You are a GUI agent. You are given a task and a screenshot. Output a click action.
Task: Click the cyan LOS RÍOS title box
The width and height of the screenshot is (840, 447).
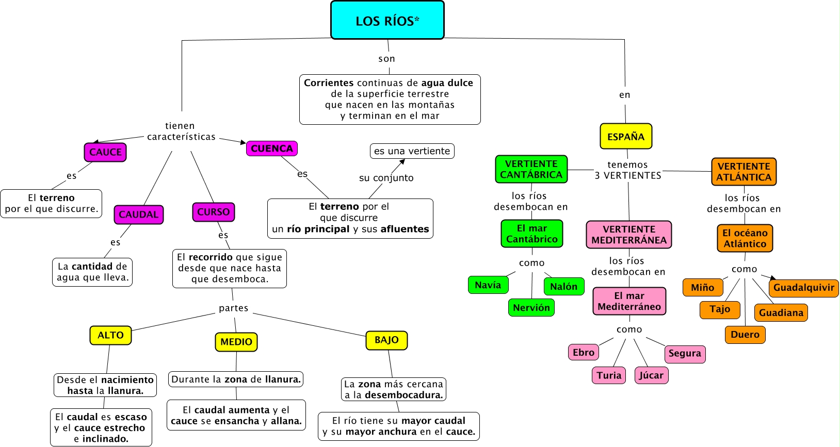387,20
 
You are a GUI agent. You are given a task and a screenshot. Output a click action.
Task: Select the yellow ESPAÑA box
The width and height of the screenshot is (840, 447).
626,137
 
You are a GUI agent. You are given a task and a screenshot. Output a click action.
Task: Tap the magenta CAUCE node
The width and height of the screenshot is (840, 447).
105,152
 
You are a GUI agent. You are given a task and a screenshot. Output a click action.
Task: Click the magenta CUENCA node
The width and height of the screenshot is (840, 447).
272,148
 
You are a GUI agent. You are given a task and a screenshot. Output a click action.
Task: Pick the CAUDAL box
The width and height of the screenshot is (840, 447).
138,214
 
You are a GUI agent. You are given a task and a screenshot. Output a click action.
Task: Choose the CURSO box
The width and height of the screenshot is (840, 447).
213,212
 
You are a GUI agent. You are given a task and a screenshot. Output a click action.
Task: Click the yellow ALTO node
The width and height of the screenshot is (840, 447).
110,335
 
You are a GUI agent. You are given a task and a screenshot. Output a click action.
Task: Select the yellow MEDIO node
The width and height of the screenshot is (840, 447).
236,342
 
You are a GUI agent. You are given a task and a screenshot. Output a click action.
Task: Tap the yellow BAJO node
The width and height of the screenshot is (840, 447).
386,340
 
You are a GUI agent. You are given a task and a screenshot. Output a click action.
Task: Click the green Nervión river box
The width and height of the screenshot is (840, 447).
531,308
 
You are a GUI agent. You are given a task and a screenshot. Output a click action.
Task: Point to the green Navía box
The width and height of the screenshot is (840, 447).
488,285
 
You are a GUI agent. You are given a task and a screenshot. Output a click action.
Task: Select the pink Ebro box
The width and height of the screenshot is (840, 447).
584,353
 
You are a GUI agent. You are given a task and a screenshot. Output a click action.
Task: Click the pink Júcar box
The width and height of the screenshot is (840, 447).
651,375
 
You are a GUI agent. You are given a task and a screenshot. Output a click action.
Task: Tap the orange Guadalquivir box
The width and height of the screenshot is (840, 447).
803,288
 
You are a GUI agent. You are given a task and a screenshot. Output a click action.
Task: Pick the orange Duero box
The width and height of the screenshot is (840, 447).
745,335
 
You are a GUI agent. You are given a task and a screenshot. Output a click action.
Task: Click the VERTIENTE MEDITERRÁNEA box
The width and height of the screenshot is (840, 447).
629,235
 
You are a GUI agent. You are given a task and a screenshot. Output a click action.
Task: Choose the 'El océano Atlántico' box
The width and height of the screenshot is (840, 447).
745,238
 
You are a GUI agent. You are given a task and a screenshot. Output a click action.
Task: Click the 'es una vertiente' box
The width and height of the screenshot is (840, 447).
412,151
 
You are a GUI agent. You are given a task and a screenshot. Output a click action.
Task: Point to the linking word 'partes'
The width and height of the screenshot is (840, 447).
233,308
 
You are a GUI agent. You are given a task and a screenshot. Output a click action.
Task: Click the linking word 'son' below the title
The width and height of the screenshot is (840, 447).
386,59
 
